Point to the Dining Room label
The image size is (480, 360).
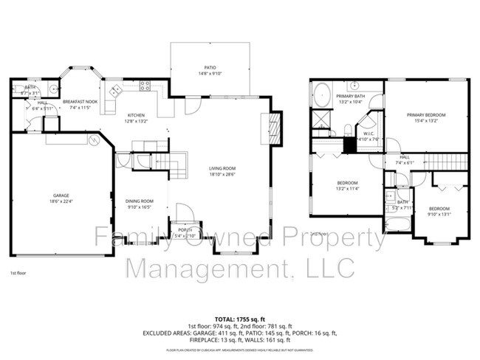tap(139, 201)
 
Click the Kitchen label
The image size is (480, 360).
tap(137, 115)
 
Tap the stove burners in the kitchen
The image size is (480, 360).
tap(145, 85)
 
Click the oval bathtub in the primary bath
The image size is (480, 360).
tap(322, 94)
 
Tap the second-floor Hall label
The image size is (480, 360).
tap(405, 157)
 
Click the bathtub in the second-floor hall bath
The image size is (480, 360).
tap(398, 222)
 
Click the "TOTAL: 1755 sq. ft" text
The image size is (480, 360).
tap(240, 317)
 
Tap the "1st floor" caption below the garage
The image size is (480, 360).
tap(19, 273)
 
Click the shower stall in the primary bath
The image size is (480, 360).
tap(322, 119)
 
